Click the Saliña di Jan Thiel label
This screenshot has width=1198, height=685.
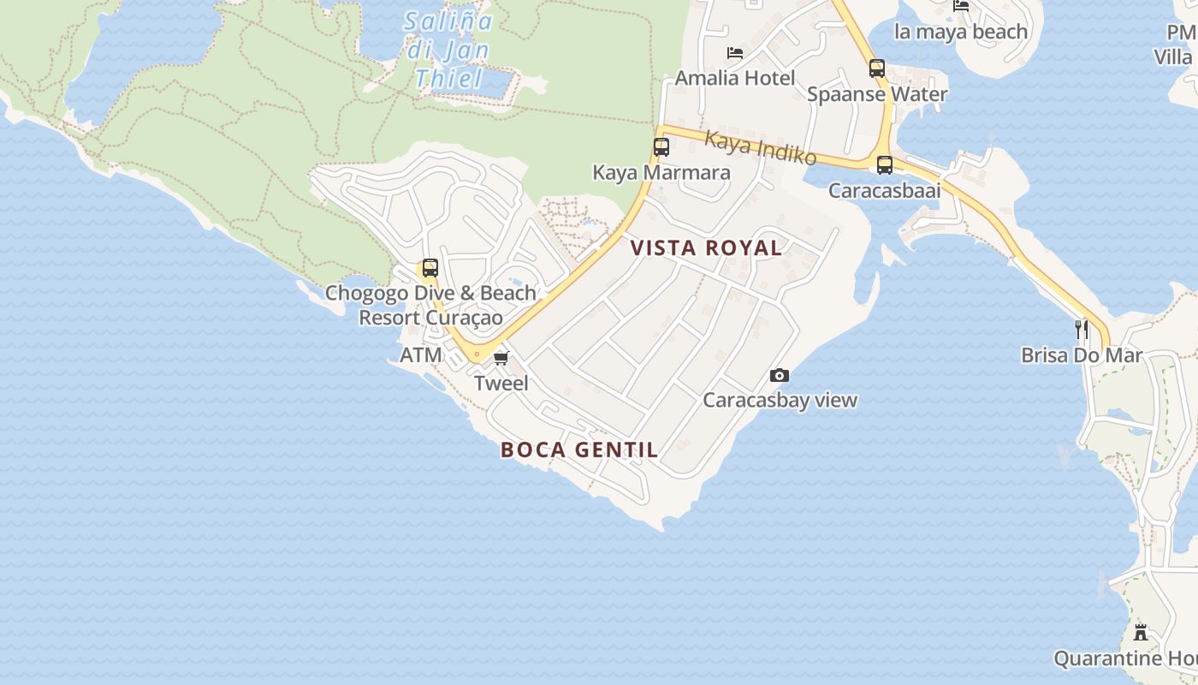[448, 51]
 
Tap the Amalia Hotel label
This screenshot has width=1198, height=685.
[735, 79]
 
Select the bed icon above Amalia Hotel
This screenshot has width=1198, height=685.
[734, 53]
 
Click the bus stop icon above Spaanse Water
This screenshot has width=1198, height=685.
[877, 68]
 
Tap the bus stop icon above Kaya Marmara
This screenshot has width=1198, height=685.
[661, 147]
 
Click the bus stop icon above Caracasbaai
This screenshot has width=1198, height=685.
[885, 165]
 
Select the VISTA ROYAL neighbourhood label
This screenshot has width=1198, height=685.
[706, 248]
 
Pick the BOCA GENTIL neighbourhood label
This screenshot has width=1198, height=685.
[579, 450]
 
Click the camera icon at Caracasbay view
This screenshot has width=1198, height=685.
[779, 375]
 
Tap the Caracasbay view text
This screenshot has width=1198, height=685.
[780, 400]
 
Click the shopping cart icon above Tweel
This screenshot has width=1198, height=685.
[501, 358]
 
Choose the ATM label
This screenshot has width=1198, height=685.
[421, 354]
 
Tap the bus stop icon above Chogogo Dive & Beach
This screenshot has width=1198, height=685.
[430, 268]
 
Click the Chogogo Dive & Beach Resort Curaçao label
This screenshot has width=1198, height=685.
[430, 305]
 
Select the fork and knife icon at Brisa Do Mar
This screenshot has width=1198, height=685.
[1082, 329]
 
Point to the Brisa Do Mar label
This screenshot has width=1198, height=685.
[1082, 354]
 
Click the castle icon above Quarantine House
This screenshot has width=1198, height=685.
[1141, 633]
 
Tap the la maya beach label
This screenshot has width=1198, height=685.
[960, 32]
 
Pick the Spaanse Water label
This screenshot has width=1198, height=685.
[877, 94]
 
